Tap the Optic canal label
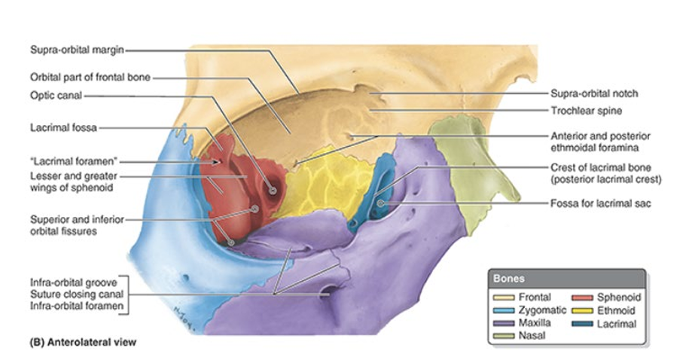pyautogui.click(x=56, y=96)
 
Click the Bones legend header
pyautogui.click(x=510, y=279)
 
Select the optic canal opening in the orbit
pyautogui.click(x=272, y=191)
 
